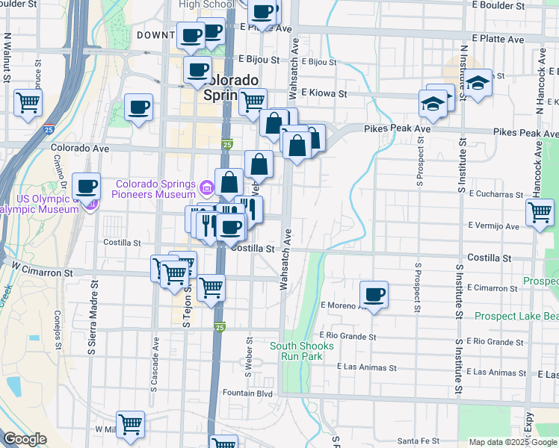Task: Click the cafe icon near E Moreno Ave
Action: point(374,294)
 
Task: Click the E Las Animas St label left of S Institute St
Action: point(366,367)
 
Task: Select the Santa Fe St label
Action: point(419,441)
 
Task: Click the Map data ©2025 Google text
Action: point(511,442)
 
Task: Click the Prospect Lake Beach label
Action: point(516,317)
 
